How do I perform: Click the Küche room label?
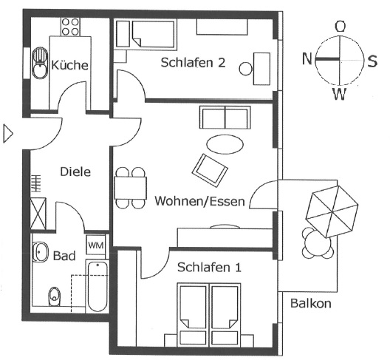(69, 65)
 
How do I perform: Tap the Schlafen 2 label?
(193, 63)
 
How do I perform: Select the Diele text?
(75, 172)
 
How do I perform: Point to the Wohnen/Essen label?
(199, 201)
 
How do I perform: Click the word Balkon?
(311, 304)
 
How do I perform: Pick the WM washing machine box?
(96, 245)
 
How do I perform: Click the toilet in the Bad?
(55, 296)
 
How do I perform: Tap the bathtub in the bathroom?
(97, 286)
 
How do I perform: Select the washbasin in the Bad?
(41, 252)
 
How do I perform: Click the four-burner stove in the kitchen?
(70, 27)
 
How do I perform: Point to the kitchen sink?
(40, 64)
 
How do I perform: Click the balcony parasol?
(332, 211)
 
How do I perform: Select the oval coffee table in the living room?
(225, 145)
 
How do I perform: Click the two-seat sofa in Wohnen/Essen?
(225, 118)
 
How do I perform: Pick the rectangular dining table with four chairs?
(130, 188)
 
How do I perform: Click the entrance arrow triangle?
(7, 134)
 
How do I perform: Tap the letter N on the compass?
(307, 59)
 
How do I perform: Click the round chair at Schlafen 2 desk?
(246, 69)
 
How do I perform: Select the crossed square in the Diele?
(38, 213)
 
